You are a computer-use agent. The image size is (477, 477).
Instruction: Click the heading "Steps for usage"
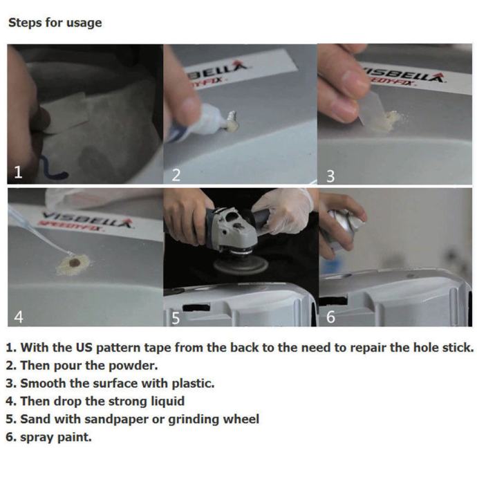55,23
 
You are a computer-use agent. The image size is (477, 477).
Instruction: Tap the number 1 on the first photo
18,172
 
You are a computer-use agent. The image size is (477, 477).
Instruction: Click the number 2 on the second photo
176,175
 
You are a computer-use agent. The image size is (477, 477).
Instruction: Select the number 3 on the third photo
330,176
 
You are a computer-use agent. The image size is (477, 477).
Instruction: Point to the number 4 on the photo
19,317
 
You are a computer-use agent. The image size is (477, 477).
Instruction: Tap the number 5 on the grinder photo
176,318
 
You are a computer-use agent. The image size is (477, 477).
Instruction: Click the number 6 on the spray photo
330,317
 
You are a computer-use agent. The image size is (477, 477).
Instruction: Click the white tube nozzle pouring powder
232,116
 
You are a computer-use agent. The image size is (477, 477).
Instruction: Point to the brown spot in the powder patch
75,263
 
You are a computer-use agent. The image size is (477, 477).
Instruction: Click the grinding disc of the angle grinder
241,265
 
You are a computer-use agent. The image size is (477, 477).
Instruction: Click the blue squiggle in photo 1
53,169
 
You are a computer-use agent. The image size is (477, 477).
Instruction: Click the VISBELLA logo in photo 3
404,75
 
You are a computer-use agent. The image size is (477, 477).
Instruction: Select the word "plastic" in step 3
193,383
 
